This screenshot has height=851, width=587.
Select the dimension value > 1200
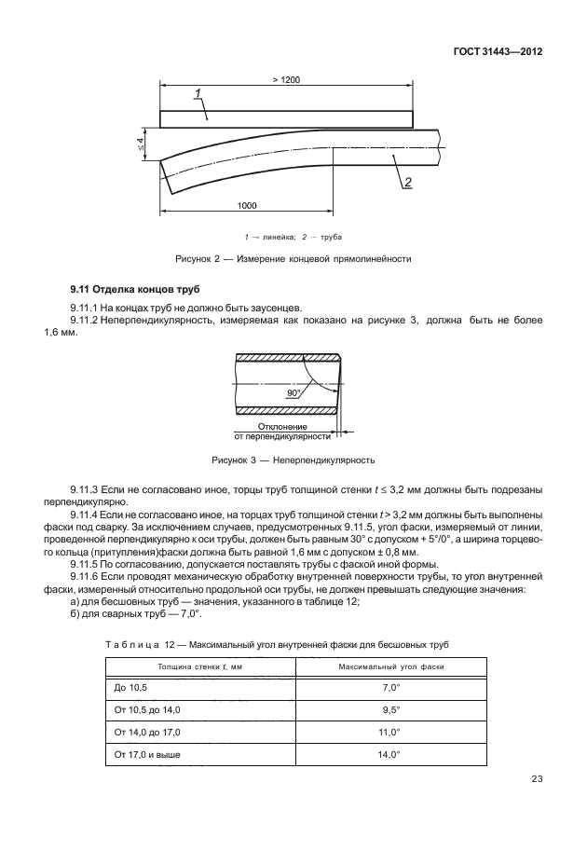(x=286, y=80)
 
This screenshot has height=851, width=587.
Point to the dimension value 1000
(x=246, y=204)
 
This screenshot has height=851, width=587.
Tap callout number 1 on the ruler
(x=198, y=92)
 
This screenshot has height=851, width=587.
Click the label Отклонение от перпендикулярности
(x=282, y=431)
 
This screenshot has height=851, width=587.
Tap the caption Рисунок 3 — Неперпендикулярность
(x=293, y=460)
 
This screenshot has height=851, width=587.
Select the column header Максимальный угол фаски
(x=390, y=666)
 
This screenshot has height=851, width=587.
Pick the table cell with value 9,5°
(x=390, y=709)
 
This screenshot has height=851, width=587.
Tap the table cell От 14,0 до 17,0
(x=148, y=732)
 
